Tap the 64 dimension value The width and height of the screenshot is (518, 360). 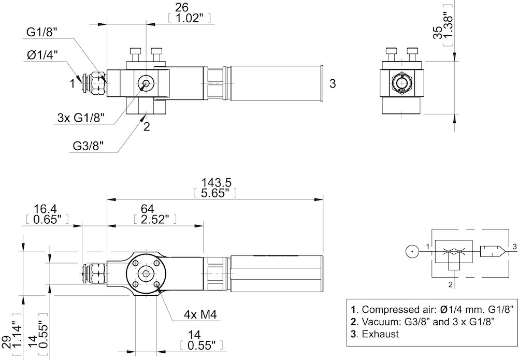(x=147, y=209)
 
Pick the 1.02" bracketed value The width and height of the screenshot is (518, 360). (x=190, y=18)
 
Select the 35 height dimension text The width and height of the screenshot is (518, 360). (x=438, y=32)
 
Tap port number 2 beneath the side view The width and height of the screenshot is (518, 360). (x=146, y=126)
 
